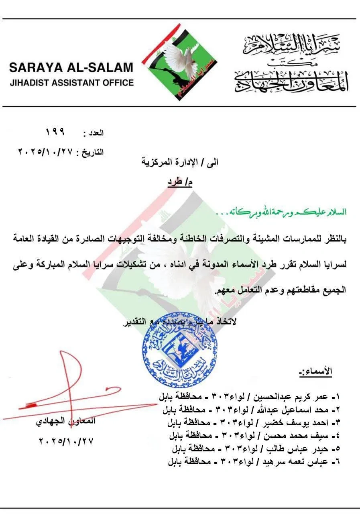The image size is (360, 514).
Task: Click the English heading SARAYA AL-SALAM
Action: tap(71, 67)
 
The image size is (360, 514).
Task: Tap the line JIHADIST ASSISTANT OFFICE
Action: tap(71, 83)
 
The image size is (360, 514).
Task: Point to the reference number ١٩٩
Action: tap(56, 132)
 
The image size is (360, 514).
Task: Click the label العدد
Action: tap(93, 133)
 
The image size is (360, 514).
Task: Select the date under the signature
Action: tap(66, 441)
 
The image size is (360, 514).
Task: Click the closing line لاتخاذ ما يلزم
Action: tap(181, 322)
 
